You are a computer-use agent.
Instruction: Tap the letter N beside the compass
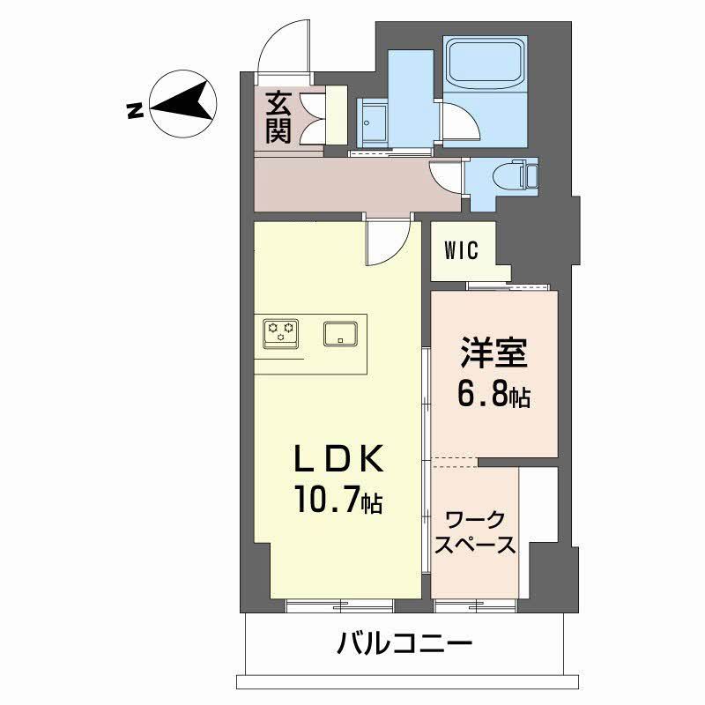pyautogui.click(x=134, y=110)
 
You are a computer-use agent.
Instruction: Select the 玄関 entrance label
pyautogui.click(x=278, y=118)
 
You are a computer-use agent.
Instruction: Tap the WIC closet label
pyautogui.click(x=461, y=251)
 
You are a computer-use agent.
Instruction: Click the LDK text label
pyautogui.click(x=338, y=460)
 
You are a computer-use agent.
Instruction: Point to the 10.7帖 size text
pyautogui.click(x=338, y=502)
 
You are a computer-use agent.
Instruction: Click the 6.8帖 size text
pyautogui.click(x=493, y=395)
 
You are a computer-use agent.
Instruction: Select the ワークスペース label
pyautogui.click(x=476, y=531)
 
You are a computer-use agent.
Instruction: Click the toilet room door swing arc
pyautogui.click(x=444, y=175)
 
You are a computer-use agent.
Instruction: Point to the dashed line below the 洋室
pyautogui.click(x=454, y=458)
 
